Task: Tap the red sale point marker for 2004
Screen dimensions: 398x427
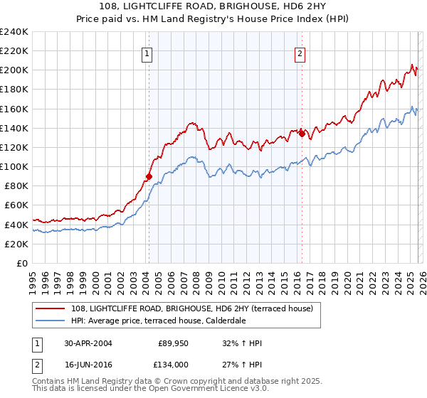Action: pyautogui.click(x=149, y=176)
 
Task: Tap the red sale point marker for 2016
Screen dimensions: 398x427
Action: pyautogui.click(x=302, y=133)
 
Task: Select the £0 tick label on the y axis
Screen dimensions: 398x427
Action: pyautogui.click(x=21, y=263)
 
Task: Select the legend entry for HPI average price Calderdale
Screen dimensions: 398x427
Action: pyautogui.click(x=158, y=321)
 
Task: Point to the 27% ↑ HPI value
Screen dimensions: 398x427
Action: pyautogui.click(x=242, y=365)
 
